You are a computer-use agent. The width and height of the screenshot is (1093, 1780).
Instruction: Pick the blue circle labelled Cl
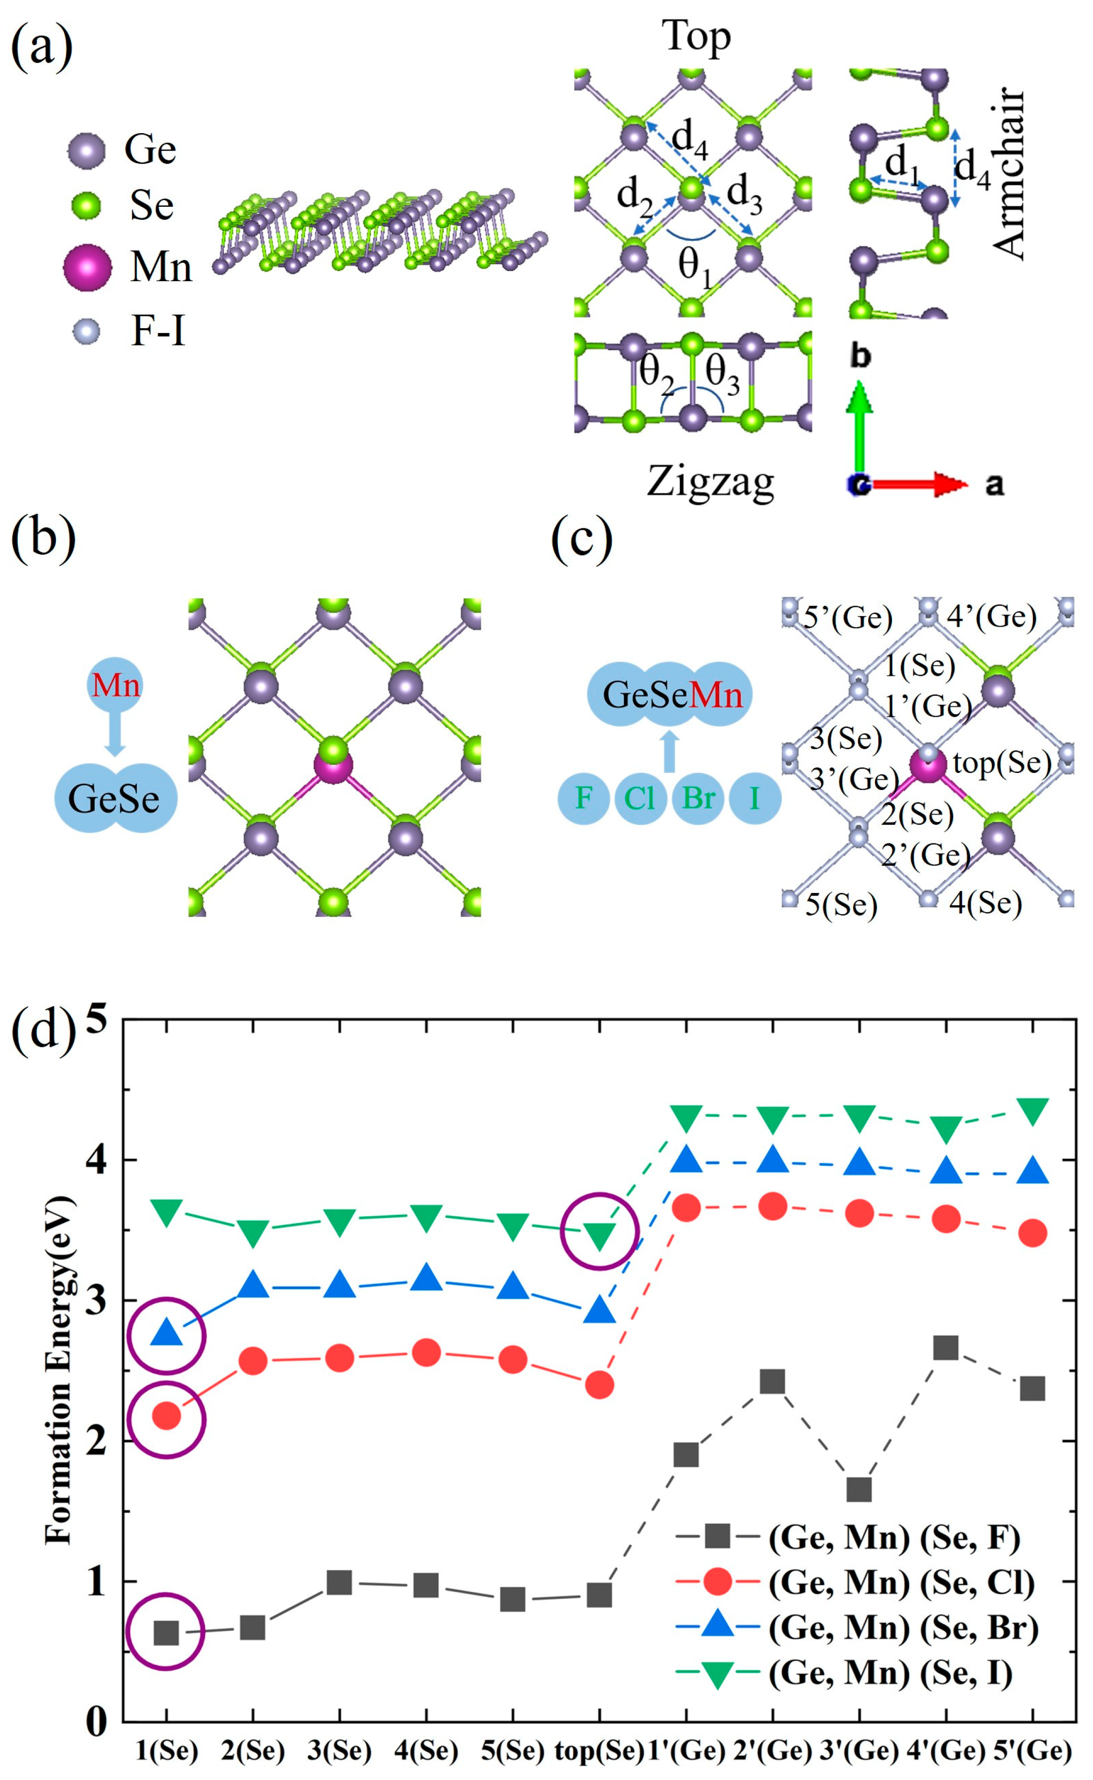[x=640, y=798]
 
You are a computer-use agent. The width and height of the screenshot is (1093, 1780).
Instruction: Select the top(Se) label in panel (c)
[x=1002, y=762]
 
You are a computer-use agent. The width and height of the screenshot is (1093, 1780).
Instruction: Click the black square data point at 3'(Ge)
[x=859, y=1489]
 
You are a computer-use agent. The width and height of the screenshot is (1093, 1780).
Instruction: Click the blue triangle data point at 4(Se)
[x=426, y=1278]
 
